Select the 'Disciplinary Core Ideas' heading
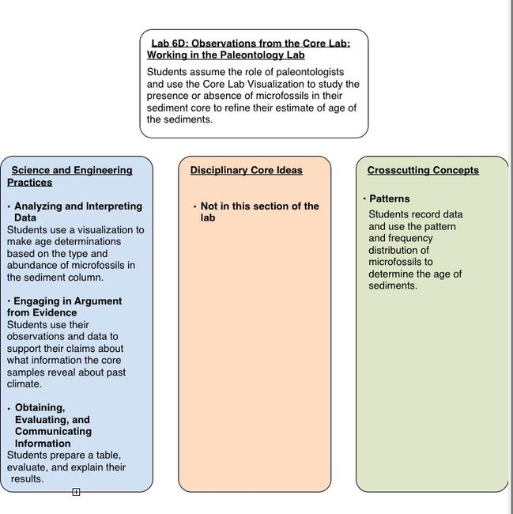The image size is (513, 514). (x=246, y=170)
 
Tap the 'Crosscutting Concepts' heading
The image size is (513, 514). (x=423, y=170)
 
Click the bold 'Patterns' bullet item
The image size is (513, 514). (x=389, y=198)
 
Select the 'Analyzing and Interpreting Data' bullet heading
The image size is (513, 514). (x=77, y=211)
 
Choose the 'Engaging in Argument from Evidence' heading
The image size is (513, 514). (x=67, y=306)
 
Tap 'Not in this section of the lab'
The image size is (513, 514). (x=259, y=211)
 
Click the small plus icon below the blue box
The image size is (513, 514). (x=76, y=492)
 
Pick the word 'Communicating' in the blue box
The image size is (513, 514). (x=53, y=432)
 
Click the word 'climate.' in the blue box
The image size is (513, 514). (x=25, y=384)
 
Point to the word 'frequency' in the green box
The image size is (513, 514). (x=410, y=238)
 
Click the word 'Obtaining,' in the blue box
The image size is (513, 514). (x=40, y=408)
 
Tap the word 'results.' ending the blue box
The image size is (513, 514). (x=28, y=479)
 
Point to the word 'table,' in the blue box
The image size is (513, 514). (x=106, y=455)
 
